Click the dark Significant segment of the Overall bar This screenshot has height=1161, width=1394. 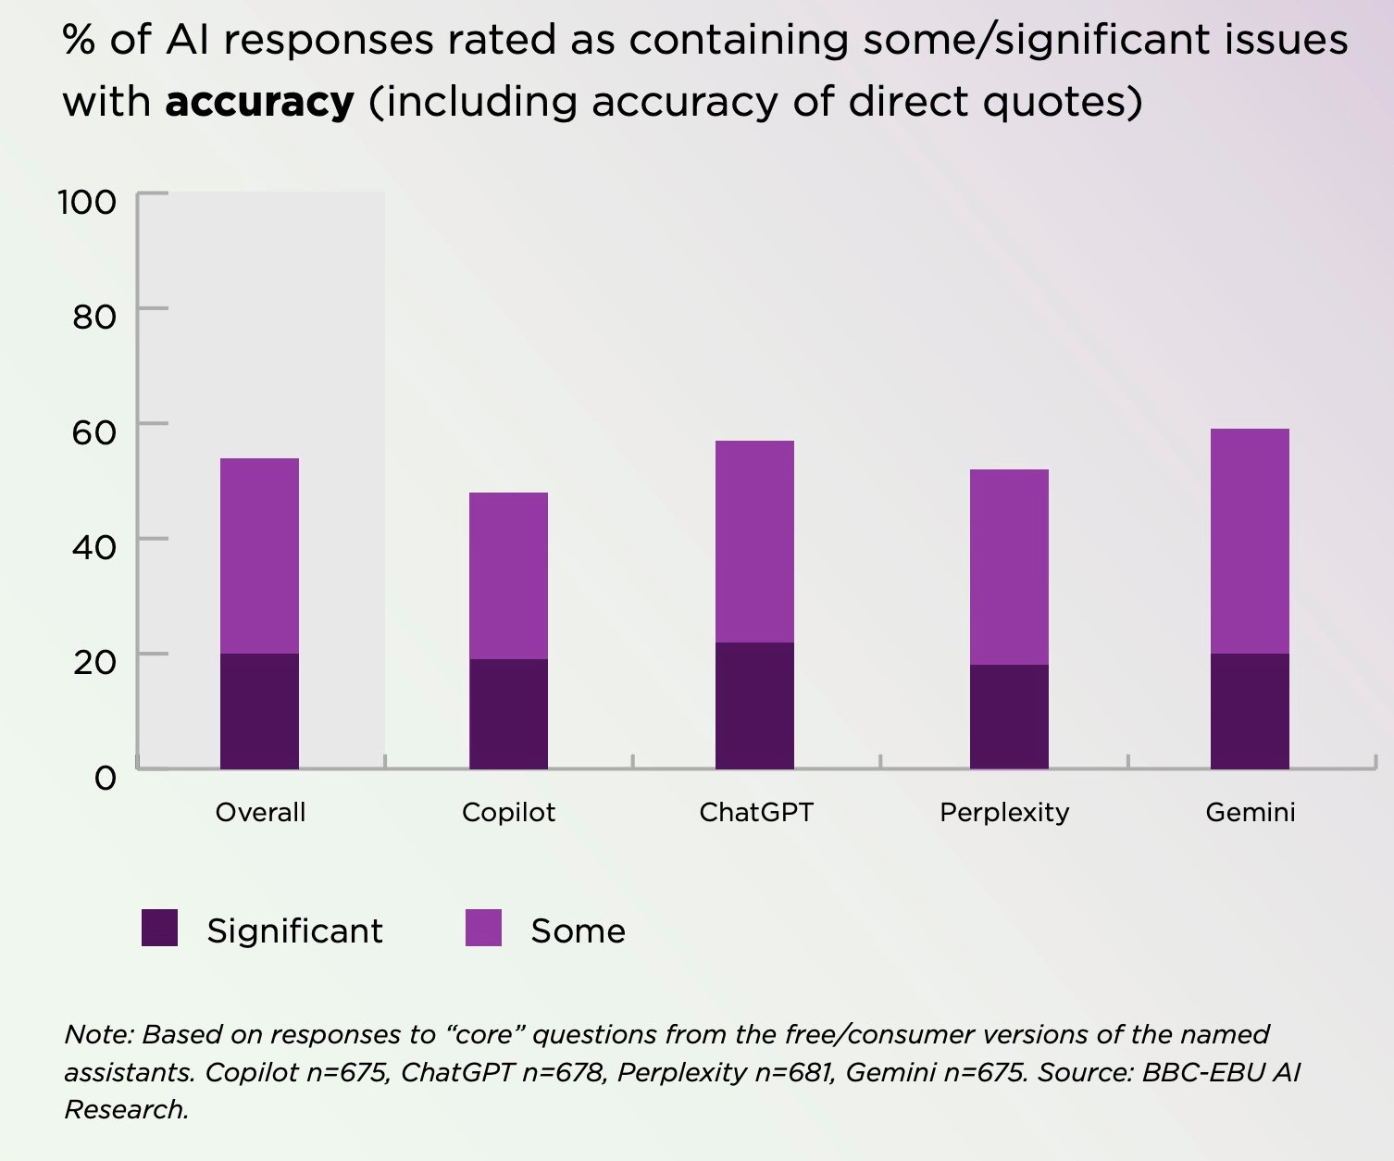(259, 711)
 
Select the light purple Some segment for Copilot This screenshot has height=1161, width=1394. (508, 575)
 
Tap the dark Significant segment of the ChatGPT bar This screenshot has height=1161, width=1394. (754, 705)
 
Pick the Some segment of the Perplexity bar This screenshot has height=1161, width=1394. (1009, 567)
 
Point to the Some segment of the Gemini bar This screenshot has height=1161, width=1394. (1250, 541)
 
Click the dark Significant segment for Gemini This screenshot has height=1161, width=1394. (1250, 711)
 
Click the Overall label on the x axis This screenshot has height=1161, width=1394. (260, 812)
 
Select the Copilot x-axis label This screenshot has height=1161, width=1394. (508, 812)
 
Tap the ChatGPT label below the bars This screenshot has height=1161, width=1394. (755, 812)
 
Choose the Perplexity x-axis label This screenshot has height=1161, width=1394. (1004, 812)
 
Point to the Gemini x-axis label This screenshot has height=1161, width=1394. (1250, 812)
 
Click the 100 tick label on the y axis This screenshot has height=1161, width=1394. (87, 202)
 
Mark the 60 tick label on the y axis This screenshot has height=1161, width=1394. (93, 431)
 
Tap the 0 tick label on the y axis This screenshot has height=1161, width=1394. (106, 777)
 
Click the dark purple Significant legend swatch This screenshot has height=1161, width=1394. (159, 928)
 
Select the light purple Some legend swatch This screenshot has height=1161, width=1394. (483, 928)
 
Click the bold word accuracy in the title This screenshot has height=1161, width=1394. (259, 101)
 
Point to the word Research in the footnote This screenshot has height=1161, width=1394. (125, 1109)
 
